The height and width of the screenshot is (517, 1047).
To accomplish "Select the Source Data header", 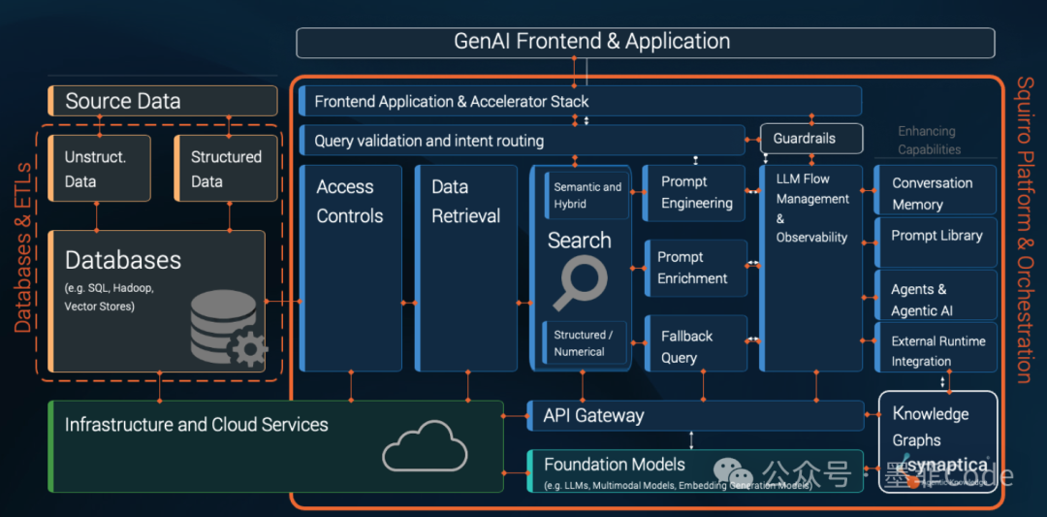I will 162,101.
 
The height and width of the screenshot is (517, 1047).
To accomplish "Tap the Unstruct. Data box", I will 95,169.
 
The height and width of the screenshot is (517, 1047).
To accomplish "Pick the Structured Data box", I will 225,169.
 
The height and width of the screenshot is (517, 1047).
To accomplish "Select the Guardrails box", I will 810,139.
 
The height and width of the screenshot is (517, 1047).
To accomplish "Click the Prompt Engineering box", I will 695,193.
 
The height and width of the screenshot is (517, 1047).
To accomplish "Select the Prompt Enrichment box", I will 695,268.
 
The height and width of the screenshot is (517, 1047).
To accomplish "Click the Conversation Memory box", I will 935,192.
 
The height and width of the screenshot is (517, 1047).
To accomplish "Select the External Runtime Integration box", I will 935,349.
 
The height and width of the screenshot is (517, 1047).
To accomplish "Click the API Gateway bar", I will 695,415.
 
